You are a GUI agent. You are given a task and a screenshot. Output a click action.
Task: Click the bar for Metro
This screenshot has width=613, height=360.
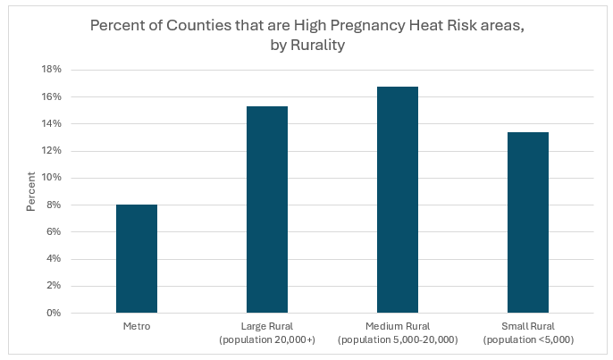click(x=137, y=259)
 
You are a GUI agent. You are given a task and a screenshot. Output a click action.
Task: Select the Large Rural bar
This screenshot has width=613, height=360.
click(x=267, y=210)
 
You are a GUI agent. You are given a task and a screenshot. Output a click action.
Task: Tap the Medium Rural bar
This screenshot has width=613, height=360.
click(x=398, y=200)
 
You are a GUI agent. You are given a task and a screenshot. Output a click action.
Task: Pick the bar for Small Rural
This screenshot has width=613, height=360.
click(x=528, y=222)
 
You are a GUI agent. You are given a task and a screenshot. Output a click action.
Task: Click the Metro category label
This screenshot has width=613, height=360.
click(x=137, y=328)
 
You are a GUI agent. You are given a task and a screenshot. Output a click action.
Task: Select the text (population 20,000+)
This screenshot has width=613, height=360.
click(x=267, y=340)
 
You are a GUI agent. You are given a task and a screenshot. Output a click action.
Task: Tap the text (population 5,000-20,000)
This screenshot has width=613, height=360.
click(x=398, y=340)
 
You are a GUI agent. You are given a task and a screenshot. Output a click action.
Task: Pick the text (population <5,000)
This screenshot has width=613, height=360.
click(x=528, y=340)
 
